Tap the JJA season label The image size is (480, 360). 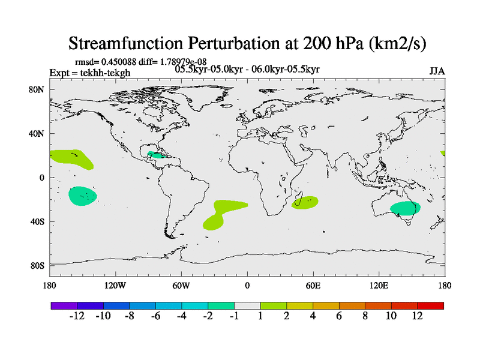[437, 71]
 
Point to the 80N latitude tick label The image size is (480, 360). [38, 90]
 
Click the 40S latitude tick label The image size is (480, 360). [38, 221]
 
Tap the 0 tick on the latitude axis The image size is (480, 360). [42, 178]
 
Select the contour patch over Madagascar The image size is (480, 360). [305, 203]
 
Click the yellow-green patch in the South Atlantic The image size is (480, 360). [223, 214]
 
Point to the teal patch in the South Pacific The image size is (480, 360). [82, 196]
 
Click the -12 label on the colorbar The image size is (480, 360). [78, 316]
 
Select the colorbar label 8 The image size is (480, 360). [365, 316]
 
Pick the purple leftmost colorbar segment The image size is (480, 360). [64, 305]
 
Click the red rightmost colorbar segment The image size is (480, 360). [430, 305]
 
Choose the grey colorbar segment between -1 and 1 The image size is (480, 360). [247, 305]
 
